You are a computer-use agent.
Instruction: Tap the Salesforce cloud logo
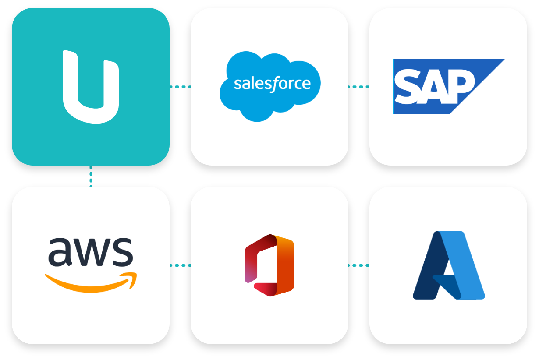pos(270,86)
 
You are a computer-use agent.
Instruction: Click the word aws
pos(91,252)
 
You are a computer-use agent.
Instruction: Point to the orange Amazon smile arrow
pos(91,282)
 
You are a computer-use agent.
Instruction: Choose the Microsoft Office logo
pos(269,265)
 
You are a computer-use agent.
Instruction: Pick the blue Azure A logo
pos(449,265)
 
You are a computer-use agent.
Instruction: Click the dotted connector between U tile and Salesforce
pos(180,87)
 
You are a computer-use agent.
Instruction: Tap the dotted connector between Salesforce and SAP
pos(359,87)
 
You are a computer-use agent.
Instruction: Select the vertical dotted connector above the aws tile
pos(91,176)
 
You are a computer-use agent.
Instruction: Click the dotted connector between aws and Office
pos(180,265)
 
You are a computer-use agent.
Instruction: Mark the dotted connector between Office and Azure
pos(359,265)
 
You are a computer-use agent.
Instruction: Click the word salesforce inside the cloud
pos(272,84)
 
